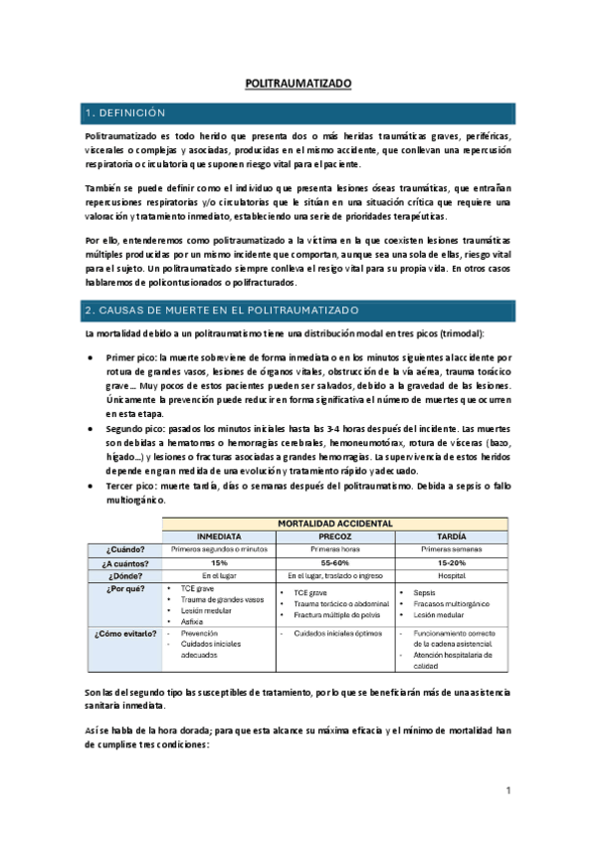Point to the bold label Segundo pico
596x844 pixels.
coord(137,425)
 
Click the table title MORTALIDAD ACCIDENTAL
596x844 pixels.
coord(338,523)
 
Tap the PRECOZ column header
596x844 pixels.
coord(338,536)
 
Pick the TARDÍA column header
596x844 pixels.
coord(453,536)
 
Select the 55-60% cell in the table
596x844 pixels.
coord(338,562)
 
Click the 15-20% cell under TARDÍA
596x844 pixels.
coord(453,562)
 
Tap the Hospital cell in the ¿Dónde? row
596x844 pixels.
coord(453,575)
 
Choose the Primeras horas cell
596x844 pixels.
coord(338,549)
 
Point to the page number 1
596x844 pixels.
coord(507,791)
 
